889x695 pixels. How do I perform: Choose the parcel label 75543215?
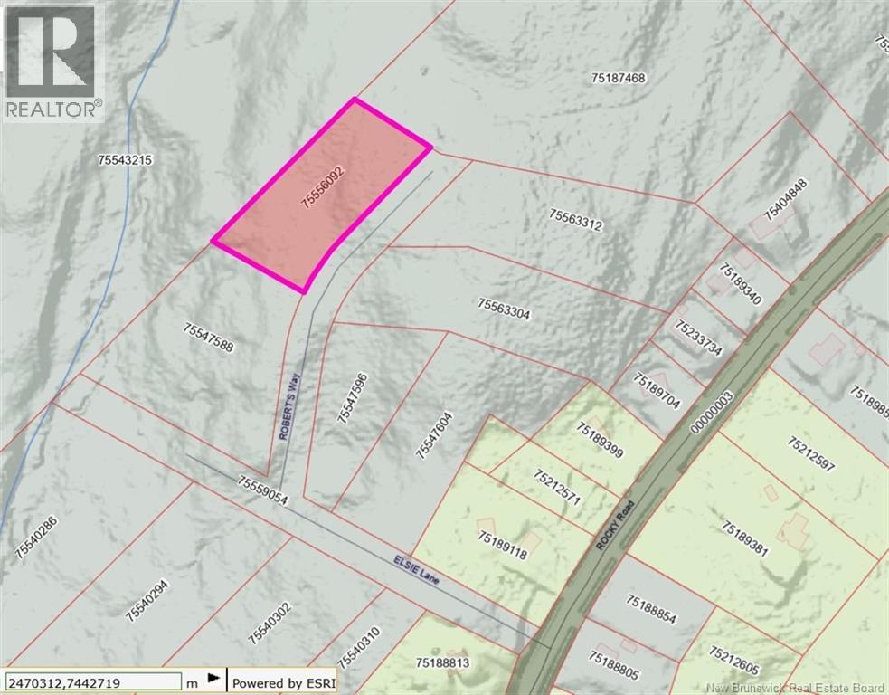pos(128,159)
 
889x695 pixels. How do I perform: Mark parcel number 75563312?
pos(575,220)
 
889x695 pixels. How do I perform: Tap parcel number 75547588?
pos(208,339)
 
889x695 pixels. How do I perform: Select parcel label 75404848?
pos(784,200)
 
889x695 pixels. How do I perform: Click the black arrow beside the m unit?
pos(214,678)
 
